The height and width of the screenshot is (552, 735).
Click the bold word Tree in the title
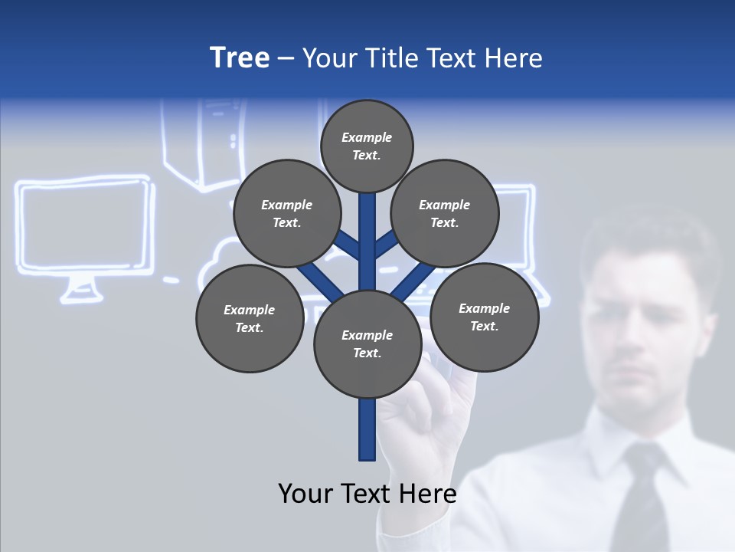click(x=240, y=58)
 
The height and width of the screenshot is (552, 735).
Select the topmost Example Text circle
click(x=367, y=146)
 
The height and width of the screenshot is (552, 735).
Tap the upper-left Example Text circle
click(x=286, y=214)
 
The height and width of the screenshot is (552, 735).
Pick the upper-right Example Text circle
click(x=444, y=214)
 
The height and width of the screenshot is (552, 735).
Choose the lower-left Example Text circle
click(x=250, y=319)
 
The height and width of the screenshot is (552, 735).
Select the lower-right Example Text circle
click(x=484, y=317)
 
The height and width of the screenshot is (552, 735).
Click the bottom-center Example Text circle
click(x=367, y=344)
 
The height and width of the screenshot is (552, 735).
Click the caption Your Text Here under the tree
click(x=367, y=493)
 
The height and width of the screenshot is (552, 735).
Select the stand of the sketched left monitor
click(x=80, y=290)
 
